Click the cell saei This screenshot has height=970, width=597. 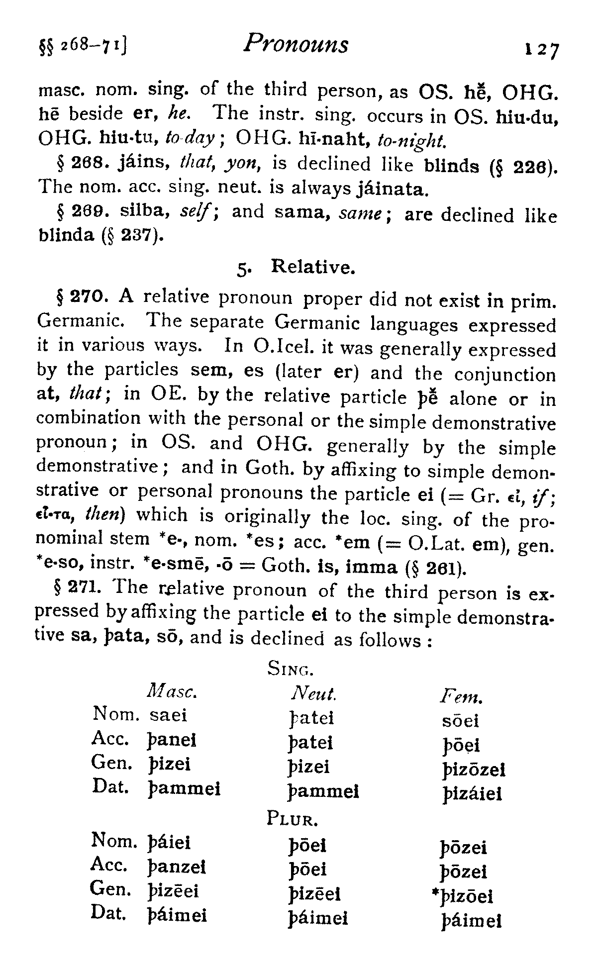click(x=168, y=716)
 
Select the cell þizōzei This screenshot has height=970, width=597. click(x=473, y=771)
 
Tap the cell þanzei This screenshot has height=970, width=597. click(x=177, y=868)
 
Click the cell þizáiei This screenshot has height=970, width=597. click(x=472, y=794)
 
